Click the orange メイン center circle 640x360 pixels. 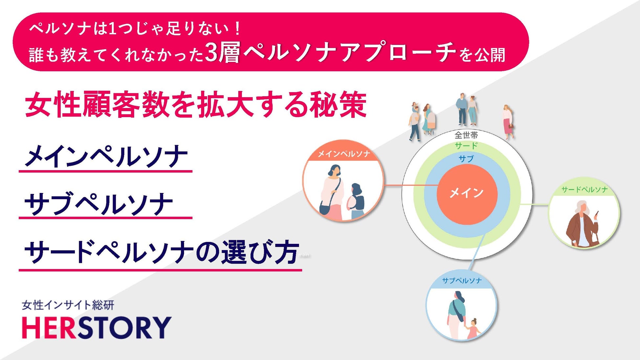(x=467, y=194)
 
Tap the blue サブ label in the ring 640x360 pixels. (x=466, y=159)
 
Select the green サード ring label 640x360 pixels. (x=466, y=146)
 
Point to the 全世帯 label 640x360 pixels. (x=466, y=135)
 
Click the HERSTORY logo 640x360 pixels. (x=96, y=327)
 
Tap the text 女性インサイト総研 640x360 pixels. (x=68, y=305)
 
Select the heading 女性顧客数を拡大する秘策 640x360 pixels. (x=196, y=105)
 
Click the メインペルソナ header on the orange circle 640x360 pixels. (x=344, y=154)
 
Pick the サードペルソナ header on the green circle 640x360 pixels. (x=585, y=189)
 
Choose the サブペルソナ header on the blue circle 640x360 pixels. (x=462, y=281)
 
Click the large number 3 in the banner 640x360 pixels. (x=212, y=53)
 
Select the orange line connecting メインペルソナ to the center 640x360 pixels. (x=410, y=185)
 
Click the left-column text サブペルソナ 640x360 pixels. (x=98, y=204)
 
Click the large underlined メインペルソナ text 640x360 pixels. (x=106, y=157)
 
